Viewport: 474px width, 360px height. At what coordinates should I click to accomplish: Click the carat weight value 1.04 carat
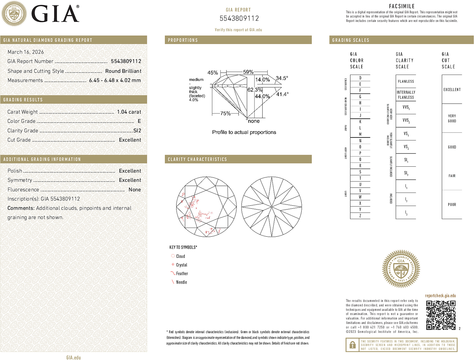coord(129,112)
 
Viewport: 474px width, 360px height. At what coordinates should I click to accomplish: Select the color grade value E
coord(139,121)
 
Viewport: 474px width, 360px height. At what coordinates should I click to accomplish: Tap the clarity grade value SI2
coord(137,131)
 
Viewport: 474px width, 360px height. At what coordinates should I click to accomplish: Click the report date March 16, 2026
coord(26,52)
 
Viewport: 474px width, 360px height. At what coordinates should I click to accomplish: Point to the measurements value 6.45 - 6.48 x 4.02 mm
coord(115,80)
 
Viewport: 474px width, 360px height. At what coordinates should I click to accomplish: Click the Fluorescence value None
coord(135,190)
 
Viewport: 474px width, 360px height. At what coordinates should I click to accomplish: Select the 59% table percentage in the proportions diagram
coord(248,72)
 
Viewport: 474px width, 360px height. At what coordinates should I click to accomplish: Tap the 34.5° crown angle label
coord(282,78)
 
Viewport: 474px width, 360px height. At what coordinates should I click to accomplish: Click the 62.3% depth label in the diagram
coord(255,90)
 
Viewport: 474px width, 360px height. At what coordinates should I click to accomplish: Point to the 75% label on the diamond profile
coord(225,113)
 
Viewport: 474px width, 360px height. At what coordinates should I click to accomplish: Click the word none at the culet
coord(254,121)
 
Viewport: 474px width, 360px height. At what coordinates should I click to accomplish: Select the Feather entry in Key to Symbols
coord(182,273)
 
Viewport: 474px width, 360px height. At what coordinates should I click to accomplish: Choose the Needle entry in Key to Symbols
coord(181,282)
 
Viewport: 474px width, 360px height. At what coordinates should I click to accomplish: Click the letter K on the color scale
coord(360,122)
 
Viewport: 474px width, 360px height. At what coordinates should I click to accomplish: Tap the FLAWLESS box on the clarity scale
coord(406,81)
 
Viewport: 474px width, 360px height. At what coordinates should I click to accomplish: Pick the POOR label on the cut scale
coord(452,205)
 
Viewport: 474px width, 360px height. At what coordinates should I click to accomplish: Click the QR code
coord(441,315)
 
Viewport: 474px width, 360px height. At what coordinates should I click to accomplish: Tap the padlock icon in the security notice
coord(352,345)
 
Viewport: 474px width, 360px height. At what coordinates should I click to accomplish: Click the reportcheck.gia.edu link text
coord(440,295)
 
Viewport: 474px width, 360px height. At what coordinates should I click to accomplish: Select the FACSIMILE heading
coord(402,6)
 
